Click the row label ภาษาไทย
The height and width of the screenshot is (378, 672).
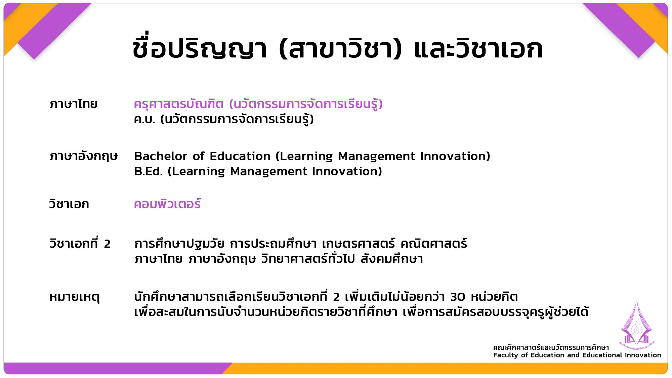click(74, 104)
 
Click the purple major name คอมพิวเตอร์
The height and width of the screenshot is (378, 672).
click(167, 204)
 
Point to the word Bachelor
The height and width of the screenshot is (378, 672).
click(161, 156)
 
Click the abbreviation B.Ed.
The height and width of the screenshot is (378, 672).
click(148, 171)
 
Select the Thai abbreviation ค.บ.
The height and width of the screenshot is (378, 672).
click(144, 119)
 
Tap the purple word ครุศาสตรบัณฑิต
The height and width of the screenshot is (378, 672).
click(179, 104)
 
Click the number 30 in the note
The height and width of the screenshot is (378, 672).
click(458, 297)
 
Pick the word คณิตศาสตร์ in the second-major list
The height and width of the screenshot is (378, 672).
click(434, 243)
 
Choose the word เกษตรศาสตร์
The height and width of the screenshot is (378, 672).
click(359, 243)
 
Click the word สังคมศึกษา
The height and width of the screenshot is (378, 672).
click(392, 259)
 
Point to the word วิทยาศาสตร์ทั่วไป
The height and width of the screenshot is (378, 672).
click(308, 258)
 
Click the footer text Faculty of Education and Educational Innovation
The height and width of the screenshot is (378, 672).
click(577, 355)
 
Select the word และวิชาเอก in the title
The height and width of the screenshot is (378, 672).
click(478, 49)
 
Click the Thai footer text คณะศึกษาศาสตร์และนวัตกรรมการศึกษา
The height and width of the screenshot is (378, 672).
click(551, 347)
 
